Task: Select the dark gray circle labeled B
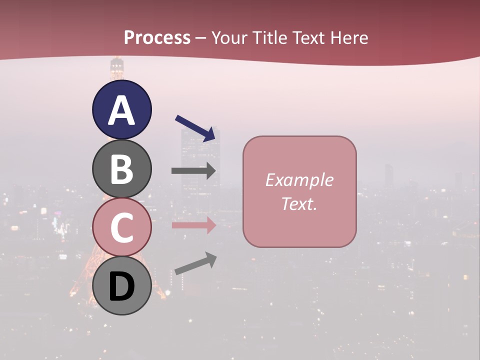121,169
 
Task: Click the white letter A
121,110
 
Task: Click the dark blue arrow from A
197,128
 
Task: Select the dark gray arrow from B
193,170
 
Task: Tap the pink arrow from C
193,225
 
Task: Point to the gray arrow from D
195,264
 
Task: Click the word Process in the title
157,37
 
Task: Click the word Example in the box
299,180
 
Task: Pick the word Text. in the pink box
299,203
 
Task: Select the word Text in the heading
308,37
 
